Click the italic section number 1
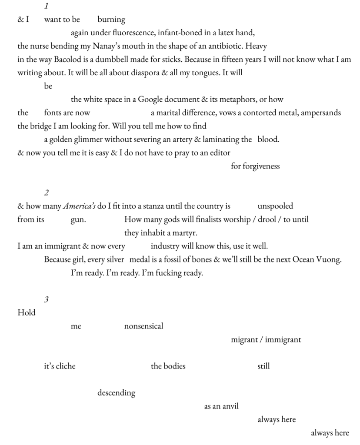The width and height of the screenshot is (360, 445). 47,6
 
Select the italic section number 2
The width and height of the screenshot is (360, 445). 47,193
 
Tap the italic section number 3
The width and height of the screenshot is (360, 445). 47,299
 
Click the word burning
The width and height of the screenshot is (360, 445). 111,20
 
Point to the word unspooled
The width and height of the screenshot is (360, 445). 275,206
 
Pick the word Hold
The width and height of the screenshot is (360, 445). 27,312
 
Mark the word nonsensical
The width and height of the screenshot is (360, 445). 143,326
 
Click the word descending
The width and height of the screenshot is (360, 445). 116,393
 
